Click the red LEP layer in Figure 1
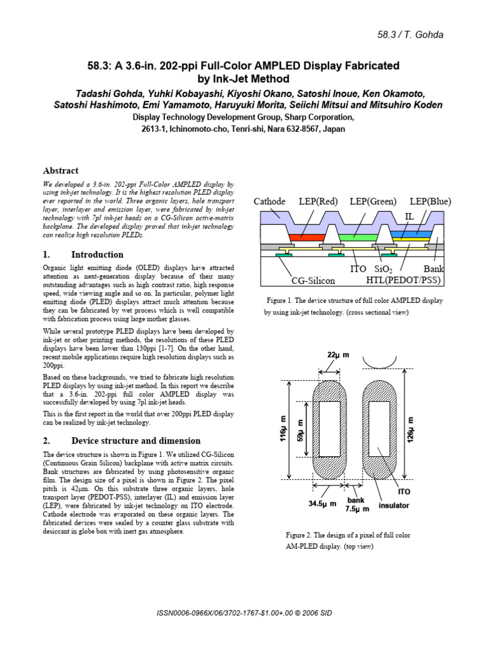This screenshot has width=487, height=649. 306,238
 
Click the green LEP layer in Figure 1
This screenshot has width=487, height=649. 358,238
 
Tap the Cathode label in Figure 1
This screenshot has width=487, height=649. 269,202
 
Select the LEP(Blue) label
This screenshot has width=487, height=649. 431,202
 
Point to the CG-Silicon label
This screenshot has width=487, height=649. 313,281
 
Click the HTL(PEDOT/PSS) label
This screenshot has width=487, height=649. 403,280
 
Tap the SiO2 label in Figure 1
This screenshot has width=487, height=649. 383,269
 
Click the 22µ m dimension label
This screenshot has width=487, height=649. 338,355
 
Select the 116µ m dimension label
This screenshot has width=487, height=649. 283,428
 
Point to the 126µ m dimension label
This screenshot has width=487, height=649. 410,430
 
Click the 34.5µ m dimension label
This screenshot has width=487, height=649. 322,504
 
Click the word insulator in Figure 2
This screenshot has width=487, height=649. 393,505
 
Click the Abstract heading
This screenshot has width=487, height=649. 60,170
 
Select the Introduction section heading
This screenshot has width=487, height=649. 97,255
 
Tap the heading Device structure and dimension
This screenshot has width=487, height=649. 136,441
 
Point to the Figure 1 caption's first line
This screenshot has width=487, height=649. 354,300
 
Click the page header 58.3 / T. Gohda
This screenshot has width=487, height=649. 410,35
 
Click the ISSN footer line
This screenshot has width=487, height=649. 244,613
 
